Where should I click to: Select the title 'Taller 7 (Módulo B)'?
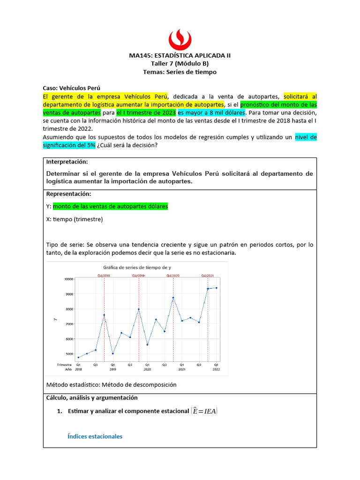[180, 64]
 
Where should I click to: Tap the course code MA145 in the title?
[139, 55]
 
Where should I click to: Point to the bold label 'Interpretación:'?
[67, 162]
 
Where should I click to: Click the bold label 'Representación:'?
[68, 194]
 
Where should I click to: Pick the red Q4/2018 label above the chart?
[104, 276]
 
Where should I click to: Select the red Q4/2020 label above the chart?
[173, 276]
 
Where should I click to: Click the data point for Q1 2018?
[78, 357]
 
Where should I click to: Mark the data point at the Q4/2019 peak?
[139, 309]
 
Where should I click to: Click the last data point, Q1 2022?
[216, 288]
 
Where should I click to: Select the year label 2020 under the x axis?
[147, 369]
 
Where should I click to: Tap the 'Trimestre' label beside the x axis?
[64, 364]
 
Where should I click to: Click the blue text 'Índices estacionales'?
[95, 436]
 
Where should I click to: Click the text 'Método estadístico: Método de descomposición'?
[111, 384]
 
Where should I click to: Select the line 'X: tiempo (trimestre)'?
[75, 219]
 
